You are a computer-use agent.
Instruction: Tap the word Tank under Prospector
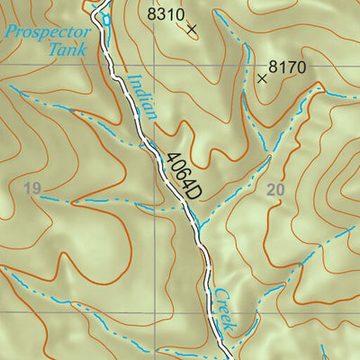click(69, 50)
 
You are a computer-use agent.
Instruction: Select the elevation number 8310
click(165, 14)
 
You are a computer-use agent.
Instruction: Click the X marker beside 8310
click(192, 29)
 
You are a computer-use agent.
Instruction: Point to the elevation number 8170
click(288, 66)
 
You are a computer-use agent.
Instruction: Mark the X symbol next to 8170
click(262, 78)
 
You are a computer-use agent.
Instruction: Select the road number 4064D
click(178, 174)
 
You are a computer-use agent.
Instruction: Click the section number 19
click(33, 188)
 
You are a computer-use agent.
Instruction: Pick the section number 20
click(275, 189)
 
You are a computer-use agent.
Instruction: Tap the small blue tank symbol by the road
click(105, 18)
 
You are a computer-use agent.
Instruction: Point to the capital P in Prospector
click(9, 32)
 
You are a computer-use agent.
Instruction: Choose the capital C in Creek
click(217, 293)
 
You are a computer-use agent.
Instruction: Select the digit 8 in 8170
click(274, 66)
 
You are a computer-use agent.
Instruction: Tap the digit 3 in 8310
click(160, 14)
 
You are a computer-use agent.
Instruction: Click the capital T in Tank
click(55, 49)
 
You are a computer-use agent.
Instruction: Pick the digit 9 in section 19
click(38, 188)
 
